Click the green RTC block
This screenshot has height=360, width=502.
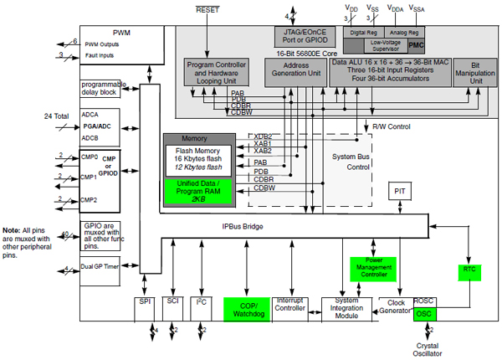[469, 270]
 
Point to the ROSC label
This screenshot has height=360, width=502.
[424, 301]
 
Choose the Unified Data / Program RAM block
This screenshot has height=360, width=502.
[199, 190]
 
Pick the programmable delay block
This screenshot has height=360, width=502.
[103, 89]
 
